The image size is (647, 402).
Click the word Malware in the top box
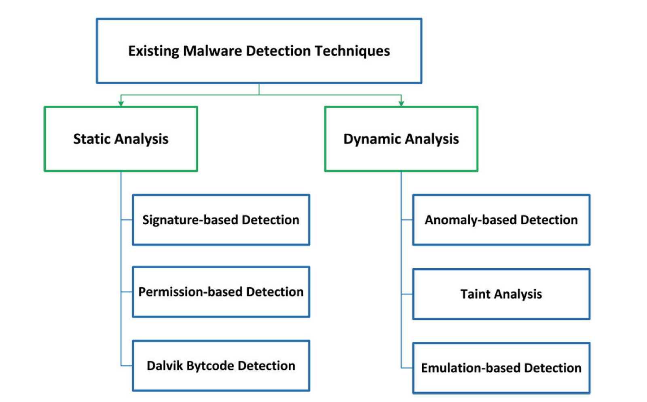click(x=212, y=51)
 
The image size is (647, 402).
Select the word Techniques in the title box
click(x=352, y=51)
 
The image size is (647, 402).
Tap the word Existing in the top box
click(x=154, y=51)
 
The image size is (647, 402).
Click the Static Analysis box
click(x=121, y=139)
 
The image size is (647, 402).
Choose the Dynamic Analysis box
click(x=401, y=139)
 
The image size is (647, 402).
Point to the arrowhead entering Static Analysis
click(x=121, y=103)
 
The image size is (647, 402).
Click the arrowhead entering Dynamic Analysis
click(x=401, y=103)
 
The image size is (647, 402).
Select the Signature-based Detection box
click(x=221, y=220)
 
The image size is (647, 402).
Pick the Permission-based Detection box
click(x=221, y=292)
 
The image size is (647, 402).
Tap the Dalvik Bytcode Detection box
click(x=221, y=366)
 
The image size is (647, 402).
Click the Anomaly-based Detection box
click(x=501, y=220)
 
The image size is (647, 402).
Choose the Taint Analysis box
click(x=501, y=294)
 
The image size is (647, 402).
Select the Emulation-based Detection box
click(x=501, y=368)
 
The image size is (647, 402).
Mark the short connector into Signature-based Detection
click(x=127, y=220)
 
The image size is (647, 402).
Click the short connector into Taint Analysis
click(x=407, y=294)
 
